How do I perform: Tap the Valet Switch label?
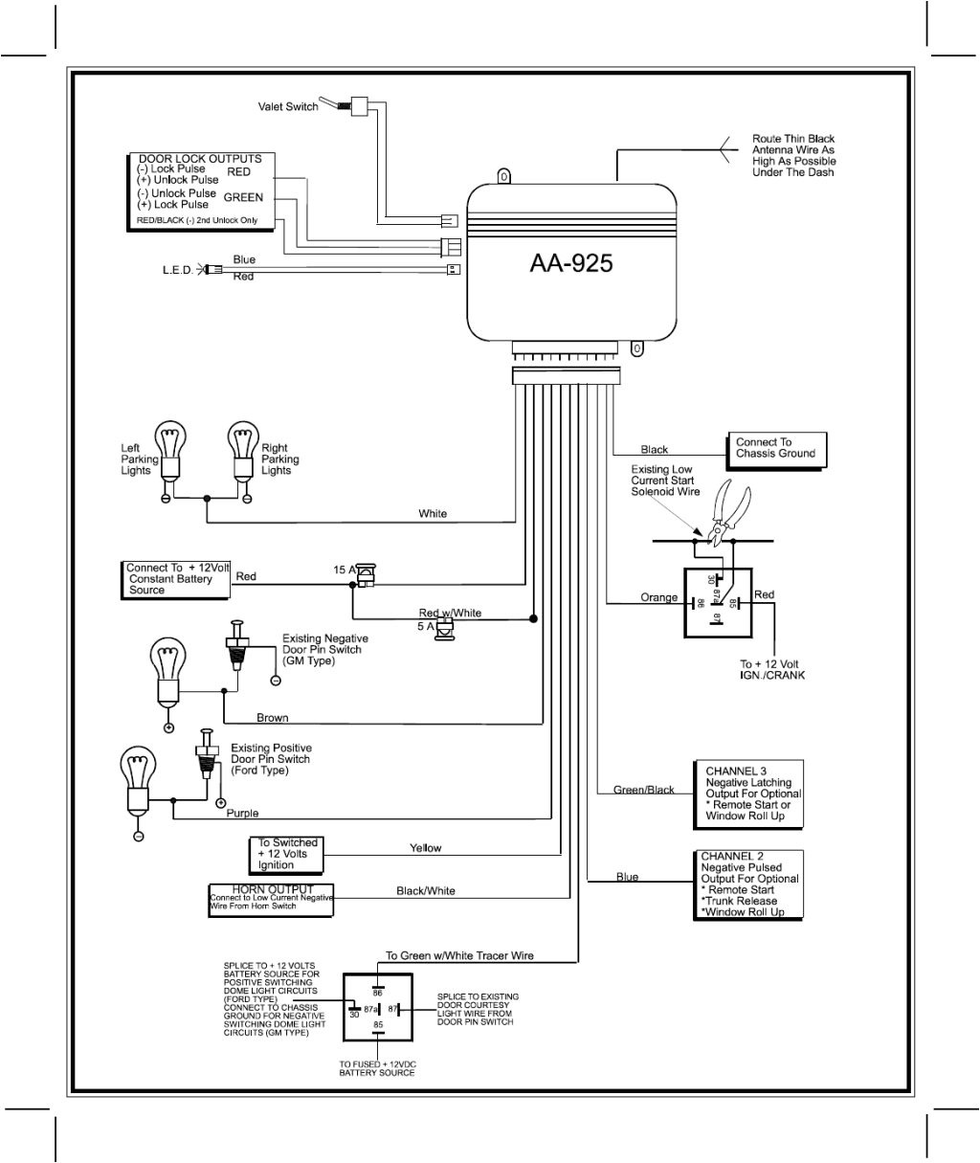(288, 107)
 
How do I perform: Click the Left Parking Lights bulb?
(170, 451)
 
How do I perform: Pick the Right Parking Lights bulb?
(244, 451)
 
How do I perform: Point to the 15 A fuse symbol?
(366, 571)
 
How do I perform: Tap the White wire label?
(433, 514)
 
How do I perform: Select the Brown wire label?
(272, 718)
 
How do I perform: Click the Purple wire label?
(242, 814)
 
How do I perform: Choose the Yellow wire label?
(426, 848)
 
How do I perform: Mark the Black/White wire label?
(426, 891)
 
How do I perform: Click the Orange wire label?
(659, 598)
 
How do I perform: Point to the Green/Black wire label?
(643, 790)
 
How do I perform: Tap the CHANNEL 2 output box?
(746, 884)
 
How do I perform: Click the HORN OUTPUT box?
(271, 900)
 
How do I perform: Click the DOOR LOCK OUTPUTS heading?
(200, 159)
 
